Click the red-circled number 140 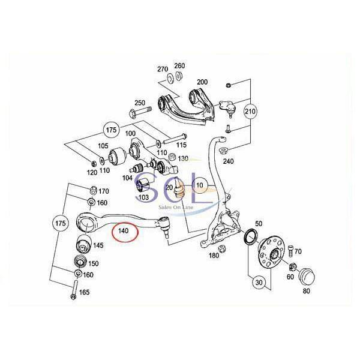(x=124, y=230)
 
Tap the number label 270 (x=163, y=69)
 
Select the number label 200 (x=202, y=82)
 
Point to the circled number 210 (x=250, y=111)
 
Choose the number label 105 (x=103, y=146)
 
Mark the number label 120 (x=91, y=172)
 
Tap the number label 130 (x=183, y=158)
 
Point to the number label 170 (x=104, y=191)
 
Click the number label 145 (x=98, y=245)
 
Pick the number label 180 (x=214, y=256)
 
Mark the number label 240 (x=227, y=161)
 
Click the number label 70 (x=298, y=251)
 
